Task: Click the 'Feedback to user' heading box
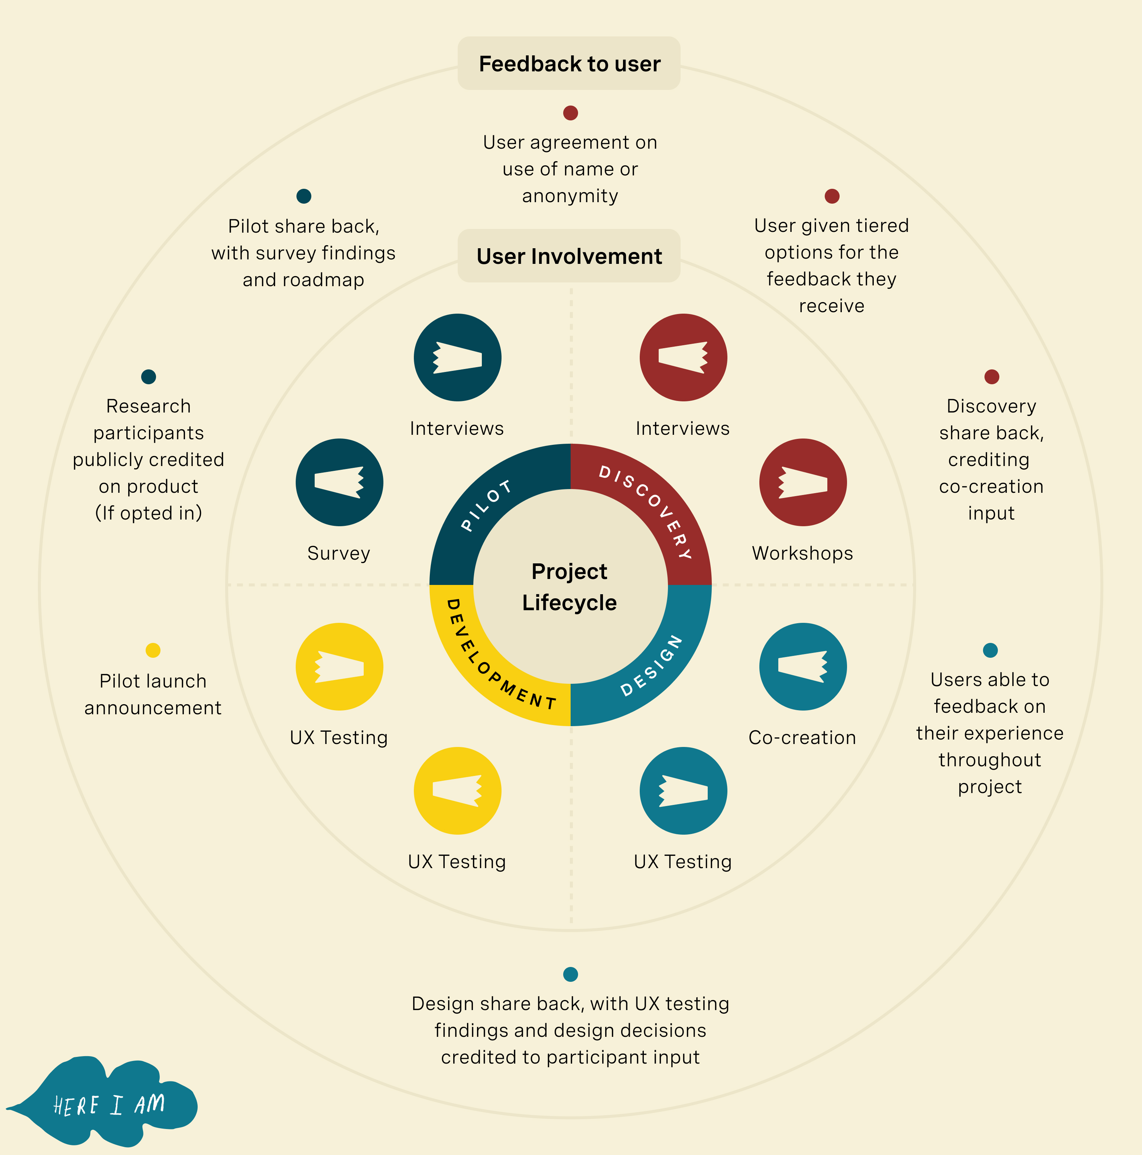569,64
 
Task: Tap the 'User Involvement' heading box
569,256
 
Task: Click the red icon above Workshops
802,482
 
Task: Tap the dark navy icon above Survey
339,482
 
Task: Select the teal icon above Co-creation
802,667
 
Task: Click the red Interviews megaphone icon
683,357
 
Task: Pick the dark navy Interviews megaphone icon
457,357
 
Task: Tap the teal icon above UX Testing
683,790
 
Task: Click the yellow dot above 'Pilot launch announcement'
153,650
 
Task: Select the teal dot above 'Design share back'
571,974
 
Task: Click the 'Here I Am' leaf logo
108,1103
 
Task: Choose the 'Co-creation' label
802,738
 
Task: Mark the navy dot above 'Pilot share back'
304,196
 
